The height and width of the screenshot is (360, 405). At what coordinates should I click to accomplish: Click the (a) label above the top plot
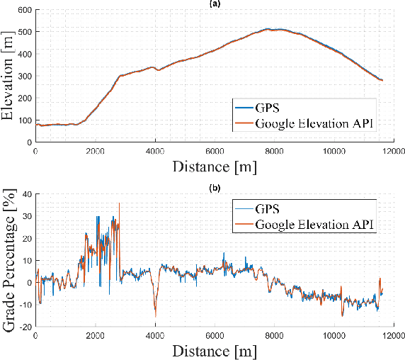215,4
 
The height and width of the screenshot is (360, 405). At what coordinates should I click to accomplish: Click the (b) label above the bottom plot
215,189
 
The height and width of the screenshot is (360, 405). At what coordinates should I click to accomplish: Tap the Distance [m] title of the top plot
215,167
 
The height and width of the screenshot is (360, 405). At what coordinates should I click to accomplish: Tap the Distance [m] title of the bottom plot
215,350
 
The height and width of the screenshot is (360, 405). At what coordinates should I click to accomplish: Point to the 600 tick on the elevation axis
25,11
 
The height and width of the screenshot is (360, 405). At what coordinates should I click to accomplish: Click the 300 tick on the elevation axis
25,77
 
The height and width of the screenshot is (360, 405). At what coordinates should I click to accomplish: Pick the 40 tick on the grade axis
27,193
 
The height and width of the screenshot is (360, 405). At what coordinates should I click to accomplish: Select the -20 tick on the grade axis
25,327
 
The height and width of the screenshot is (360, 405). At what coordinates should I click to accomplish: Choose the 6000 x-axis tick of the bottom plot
215,335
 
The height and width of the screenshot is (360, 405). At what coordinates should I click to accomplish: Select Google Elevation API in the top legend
316,125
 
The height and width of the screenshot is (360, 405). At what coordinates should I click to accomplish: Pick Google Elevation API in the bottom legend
316,225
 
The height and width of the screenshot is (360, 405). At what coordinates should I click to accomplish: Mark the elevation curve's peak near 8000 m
269,29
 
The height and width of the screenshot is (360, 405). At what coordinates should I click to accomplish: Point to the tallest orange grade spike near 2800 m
119,203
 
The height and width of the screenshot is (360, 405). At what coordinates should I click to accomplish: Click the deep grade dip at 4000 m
155,315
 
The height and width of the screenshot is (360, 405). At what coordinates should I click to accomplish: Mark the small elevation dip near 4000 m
158,70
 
